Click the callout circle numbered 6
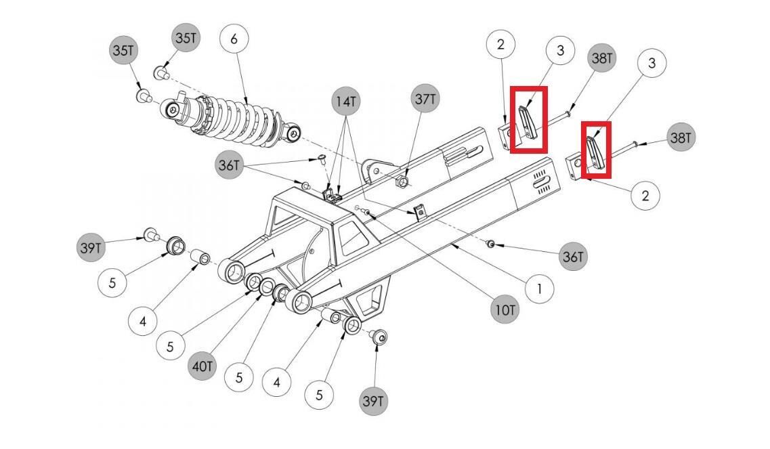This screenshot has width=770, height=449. tap(234, 39)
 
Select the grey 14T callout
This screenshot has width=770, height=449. tap(345, 102)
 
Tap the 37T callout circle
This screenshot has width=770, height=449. tap(425, 99)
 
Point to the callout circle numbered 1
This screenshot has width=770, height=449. tap(539, 289)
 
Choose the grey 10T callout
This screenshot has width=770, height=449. tap(505, 310)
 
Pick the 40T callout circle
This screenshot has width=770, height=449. tap(202, 366)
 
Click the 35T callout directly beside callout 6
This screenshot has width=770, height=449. tap(186, 38)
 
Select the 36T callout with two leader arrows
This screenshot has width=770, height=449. tap(230, 165)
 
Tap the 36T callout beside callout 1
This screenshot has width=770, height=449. tap(573, 257)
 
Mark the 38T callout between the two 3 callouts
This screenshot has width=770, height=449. tap(601, 58)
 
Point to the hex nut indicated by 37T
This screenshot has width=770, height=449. tap(402, 181)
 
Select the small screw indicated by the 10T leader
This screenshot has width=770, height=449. tap(365, 211)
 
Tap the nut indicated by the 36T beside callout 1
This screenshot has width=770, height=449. tap(490, 243)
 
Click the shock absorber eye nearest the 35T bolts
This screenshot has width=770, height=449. tap(173, 110)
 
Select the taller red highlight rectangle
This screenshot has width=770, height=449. tap(529, 119)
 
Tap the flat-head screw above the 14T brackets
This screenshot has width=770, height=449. tap(322, 158)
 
